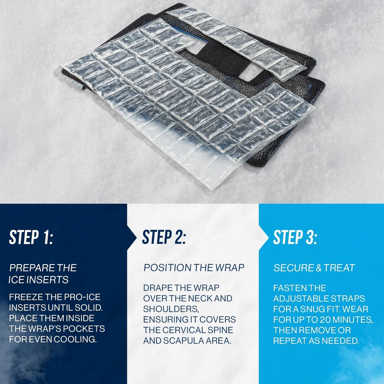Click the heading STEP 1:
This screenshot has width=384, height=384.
31,237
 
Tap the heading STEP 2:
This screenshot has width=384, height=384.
164,237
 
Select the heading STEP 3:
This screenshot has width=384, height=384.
295,237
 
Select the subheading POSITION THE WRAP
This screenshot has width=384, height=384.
194,268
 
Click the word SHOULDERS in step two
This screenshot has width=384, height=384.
171,309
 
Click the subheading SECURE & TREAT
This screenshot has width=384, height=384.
314,268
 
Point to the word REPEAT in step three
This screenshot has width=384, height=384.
290,341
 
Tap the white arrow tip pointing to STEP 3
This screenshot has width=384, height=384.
268,237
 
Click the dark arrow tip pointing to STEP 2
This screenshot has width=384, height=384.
136,237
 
